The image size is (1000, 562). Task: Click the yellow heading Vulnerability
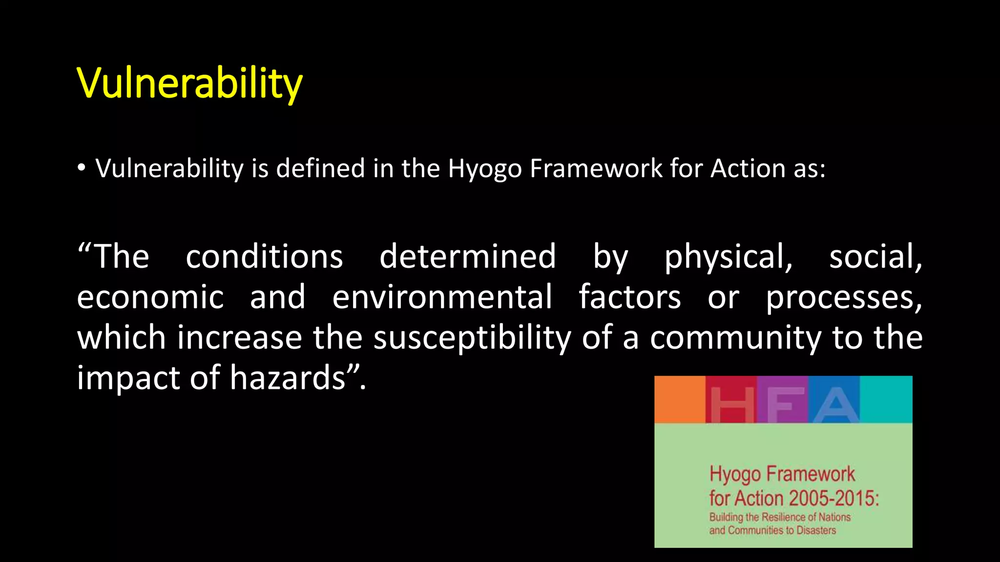tap(189, 83)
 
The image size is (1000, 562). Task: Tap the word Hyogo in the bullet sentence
tap(485, 169)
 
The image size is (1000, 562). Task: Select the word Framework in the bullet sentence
tap(596, 168)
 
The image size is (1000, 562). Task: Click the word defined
tap(320, 168)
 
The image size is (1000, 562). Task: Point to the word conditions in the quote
tap(264, 257)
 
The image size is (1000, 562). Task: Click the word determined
tap(467, 257)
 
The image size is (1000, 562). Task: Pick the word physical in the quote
tap(728, 258)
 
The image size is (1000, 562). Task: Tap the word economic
tap(150, 298)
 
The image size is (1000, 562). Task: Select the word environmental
tap(442, 298)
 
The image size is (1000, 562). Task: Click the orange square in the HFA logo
tap(680, 399)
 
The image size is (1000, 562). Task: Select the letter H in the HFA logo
tap(731, 404)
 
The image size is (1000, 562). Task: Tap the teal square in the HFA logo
tap(886, 399)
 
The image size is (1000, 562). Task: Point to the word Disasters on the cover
tap(816, 530)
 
